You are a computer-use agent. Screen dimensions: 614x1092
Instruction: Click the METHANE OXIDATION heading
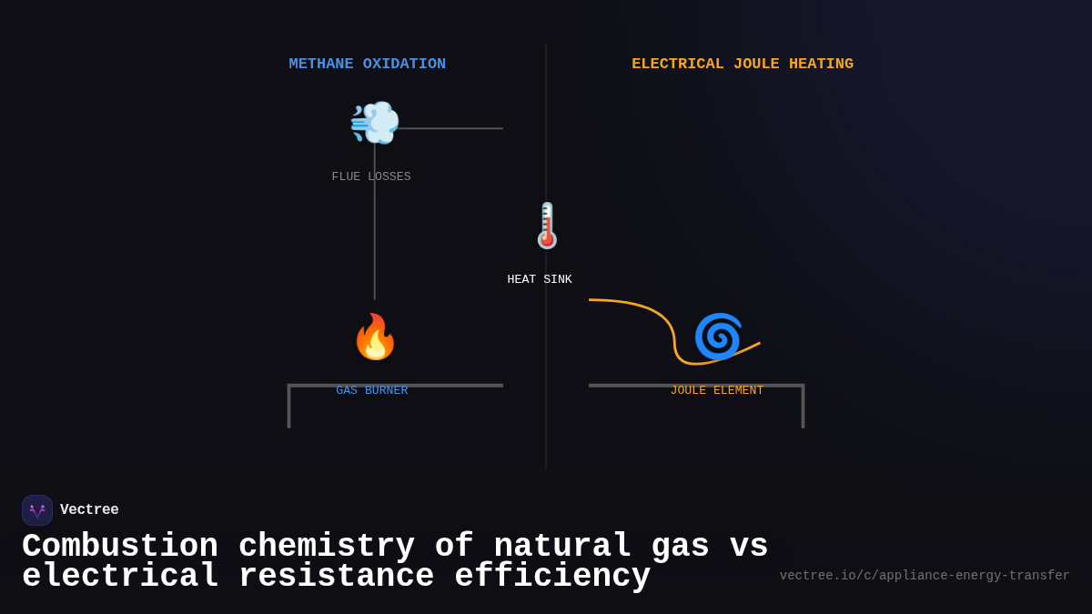tap(367, 65)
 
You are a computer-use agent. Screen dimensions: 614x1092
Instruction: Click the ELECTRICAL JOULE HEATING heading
tap(743, 65)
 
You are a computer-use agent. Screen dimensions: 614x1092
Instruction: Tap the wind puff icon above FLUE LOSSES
tap(375, 123)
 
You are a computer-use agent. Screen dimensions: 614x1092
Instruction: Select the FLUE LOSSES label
tap(371, 177)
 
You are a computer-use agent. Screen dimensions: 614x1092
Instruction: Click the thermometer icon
tap(547, 226)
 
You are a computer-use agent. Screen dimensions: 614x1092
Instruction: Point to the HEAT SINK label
tap(540, 280)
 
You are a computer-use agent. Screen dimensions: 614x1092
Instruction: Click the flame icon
tap(375, 337)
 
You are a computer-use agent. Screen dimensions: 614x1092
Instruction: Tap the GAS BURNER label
tap(372, 391)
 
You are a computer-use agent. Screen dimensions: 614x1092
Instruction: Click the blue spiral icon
tap(718, 337)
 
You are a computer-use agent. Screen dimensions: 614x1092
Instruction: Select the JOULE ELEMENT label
tap(717, 391)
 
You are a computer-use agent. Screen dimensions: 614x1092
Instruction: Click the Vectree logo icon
tap(37, 510)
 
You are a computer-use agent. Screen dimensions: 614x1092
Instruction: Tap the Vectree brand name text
tap(89, 510)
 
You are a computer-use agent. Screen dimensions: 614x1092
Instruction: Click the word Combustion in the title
tap(120, 547)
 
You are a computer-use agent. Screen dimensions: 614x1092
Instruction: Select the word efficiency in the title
tap(552, 577)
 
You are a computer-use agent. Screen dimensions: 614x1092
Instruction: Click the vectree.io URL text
tap(925, 576)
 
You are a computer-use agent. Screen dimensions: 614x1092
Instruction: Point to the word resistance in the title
tap(336, 577)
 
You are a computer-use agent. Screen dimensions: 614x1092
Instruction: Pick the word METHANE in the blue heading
tap(321, 65)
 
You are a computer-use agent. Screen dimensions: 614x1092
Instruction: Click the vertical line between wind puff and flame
tap(375, 227)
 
